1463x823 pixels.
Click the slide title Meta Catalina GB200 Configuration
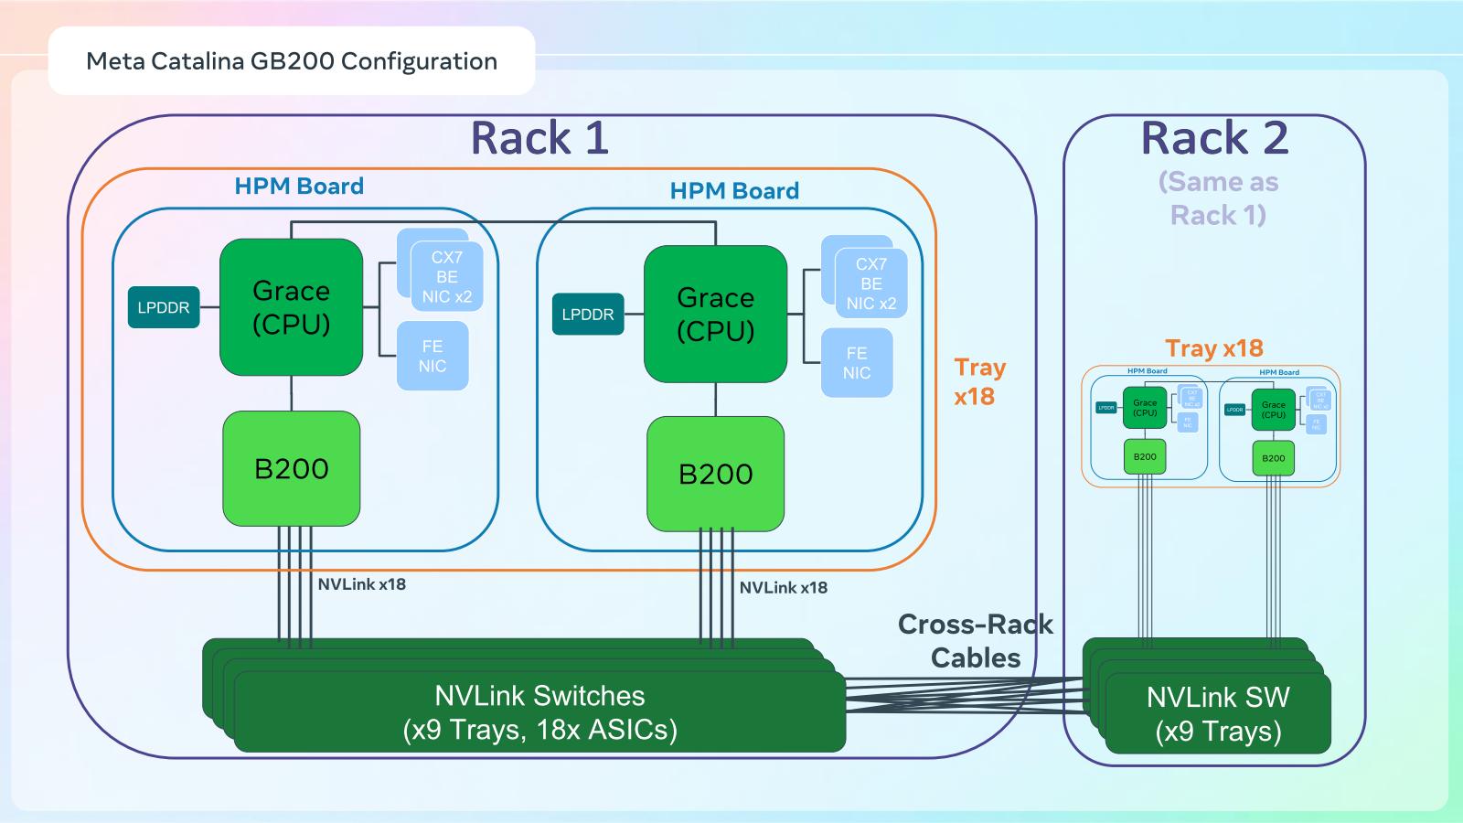tap(292, 61)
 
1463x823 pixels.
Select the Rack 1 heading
tap(539, 138)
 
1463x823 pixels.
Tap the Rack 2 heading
tap(1214, 138)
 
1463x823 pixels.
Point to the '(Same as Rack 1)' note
tap(1218, 198)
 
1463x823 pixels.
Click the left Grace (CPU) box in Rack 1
tap(291, 307)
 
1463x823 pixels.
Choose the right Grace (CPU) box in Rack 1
tap(715, 314)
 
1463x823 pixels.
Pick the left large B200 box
tap(291, 468)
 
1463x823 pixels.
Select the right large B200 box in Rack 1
tap(715, 474)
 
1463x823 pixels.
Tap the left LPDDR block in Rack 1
tap(164, 308)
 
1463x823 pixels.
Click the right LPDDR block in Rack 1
tap(588, 315)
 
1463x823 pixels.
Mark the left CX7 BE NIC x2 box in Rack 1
tap(446, 276)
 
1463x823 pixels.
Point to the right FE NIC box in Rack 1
tap(857, 363)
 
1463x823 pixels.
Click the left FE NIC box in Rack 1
tap(432, 356)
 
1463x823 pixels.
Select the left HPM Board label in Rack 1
tap(299, 187)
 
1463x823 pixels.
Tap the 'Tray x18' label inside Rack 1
tap(979, 381)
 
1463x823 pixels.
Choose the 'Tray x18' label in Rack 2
tap(1213, 348)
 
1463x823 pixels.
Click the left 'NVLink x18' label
tap(361, 584)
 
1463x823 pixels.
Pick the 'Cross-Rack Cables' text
tap(976, 641)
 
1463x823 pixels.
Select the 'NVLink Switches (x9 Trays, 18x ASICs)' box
tap(539, 712)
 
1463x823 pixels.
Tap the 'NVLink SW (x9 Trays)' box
tap(1218, 714)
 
